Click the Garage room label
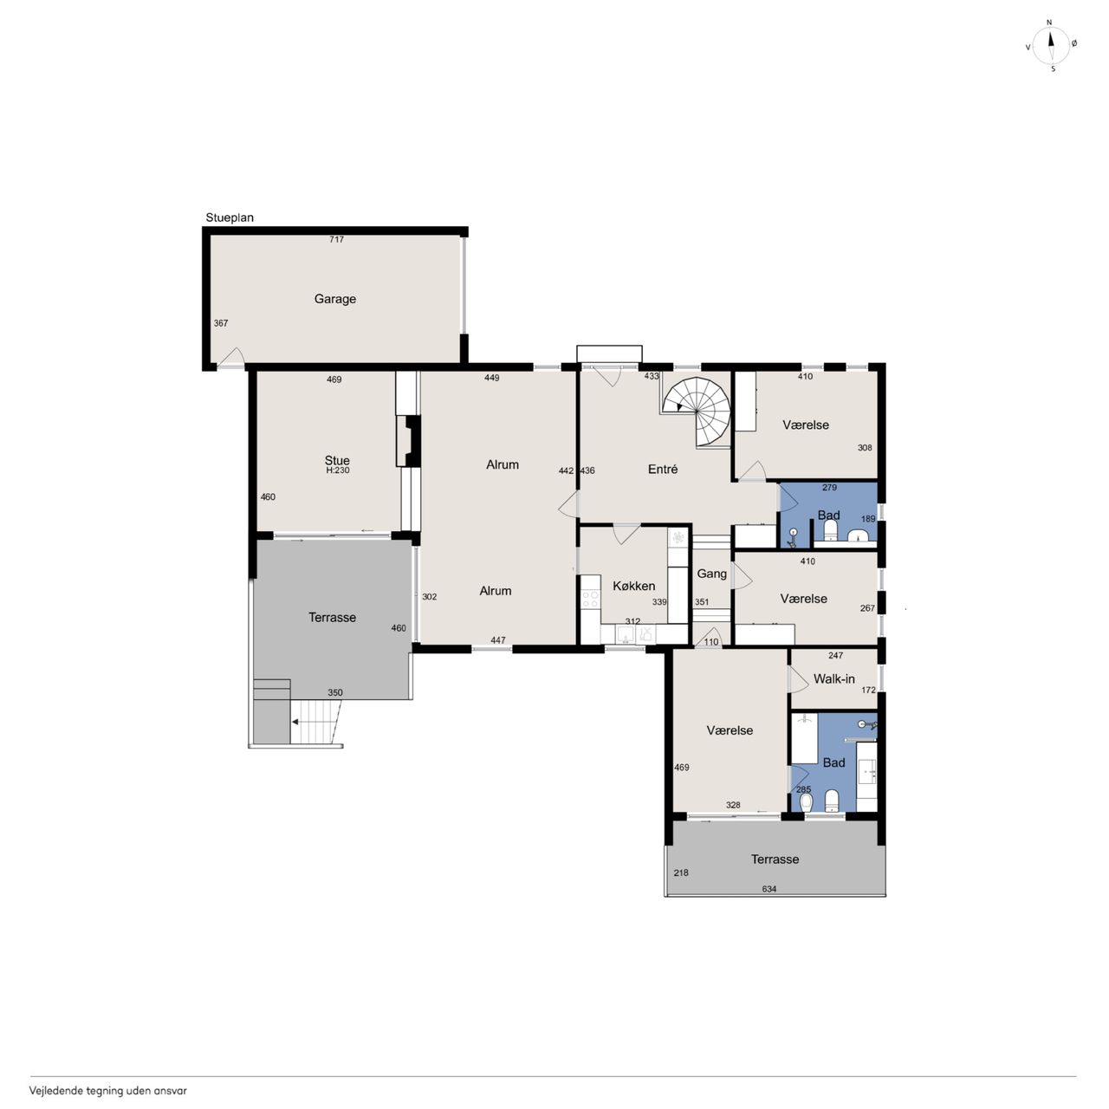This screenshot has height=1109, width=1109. coord(335,299)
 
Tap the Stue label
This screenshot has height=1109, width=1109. coord(337,460)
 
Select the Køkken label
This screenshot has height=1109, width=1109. coord(633,586)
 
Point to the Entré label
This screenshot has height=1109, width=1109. coord(663,469)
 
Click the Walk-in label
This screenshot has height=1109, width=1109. coord(833,679)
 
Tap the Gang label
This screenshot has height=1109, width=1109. coord(712,574)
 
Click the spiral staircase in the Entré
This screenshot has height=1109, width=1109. coord(697,411)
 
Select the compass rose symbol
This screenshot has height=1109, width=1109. coord(1051,46)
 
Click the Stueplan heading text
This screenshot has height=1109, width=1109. coord(230,218)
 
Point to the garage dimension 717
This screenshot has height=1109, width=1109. coord(337,239)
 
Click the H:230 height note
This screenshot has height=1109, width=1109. coord(338,470)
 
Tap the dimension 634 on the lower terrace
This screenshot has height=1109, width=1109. coord(769,889)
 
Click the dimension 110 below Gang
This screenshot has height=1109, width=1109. coord(711,642)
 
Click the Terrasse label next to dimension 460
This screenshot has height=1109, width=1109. coord(332,617)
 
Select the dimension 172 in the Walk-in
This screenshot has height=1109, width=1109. coord(868,690)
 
